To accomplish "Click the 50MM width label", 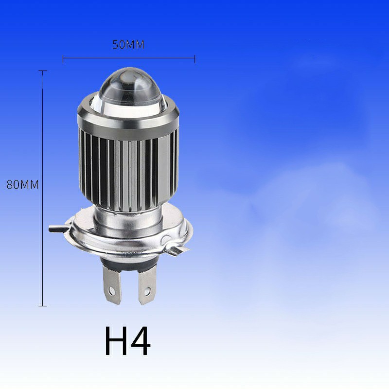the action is point(128,45).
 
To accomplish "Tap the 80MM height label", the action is point(22,185).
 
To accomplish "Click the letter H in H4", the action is point(117,341).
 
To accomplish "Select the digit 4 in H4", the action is point(141,341).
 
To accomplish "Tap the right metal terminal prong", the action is point(147,285).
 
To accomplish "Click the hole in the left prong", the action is point(112,291).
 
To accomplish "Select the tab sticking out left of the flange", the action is point(58,229).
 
